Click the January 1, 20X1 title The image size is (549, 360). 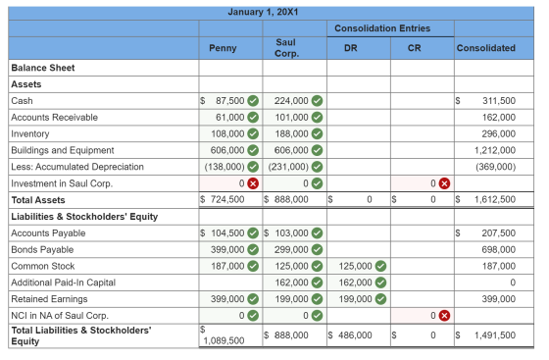point(263,12)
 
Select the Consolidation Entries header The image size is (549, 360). point(382,28)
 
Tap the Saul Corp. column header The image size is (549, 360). point(286,48)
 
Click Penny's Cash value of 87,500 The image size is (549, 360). point(229,101)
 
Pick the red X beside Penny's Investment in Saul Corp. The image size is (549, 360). point(253,183)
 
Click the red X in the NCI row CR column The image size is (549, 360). point(444,316)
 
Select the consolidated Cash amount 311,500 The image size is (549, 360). point(499,101)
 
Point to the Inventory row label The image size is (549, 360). point(30,133)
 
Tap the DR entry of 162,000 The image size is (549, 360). point(355,283)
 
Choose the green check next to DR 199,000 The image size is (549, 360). point(380,299)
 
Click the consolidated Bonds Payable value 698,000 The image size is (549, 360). point(499,250)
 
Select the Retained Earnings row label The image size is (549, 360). point(49,299)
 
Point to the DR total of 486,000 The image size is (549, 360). point(355,335)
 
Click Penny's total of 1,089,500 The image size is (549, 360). point(224,340)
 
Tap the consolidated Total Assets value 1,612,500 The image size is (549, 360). point(495,199)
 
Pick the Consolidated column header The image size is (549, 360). point(486,48)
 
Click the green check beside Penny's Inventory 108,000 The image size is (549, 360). point(253,133)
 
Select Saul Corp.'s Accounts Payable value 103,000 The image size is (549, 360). point(291,233)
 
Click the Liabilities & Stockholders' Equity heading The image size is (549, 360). point(84,217)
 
